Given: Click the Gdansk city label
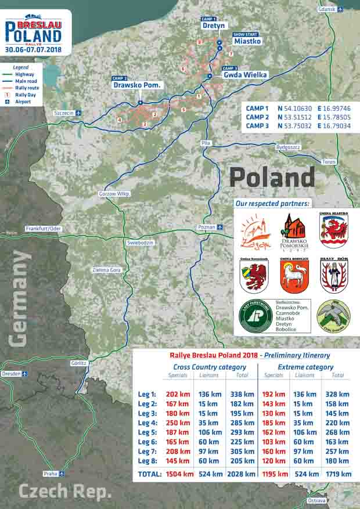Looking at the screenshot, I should tap(327, 9).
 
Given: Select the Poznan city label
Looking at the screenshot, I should tap(206, 227).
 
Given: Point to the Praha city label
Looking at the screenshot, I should tap(51, 474).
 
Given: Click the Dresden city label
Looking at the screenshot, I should tap(11, 374).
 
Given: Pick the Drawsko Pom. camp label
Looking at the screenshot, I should tap(138, 85).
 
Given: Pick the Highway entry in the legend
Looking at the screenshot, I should tap(24, 74).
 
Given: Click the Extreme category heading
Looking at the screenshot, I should tap(305, 367).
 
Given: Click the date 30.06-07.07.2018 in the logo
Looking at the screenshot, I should tap(34, 50).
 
